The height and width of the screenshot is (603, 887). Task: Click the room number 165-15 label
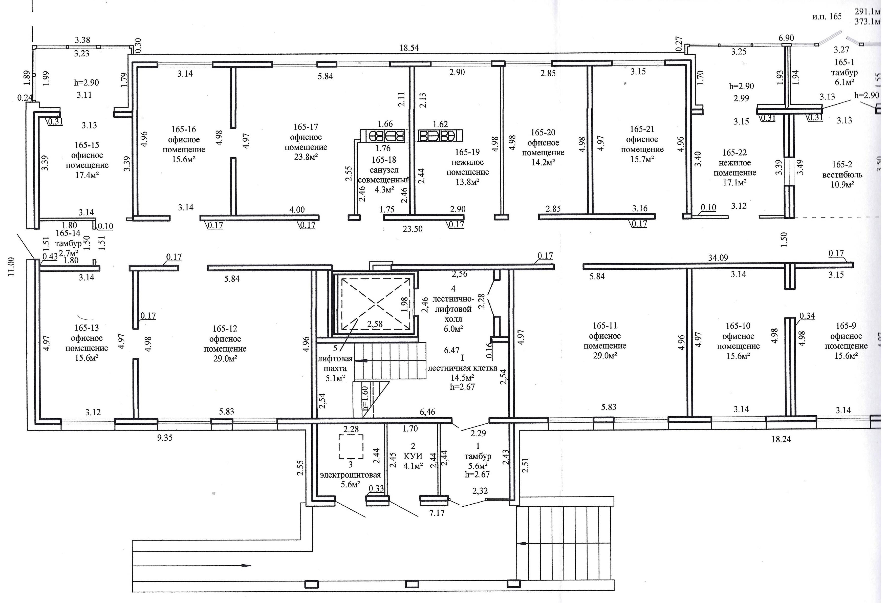click(x=87, y=145)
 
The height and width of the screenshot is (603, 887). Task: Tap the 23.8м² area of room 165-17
click(x=306, y=157)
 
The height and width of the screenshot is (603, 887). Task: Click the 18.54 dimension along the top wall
click(x=409, y=48)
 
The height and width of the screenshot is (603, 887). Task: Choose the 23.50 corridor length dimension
click(x=413, y=229)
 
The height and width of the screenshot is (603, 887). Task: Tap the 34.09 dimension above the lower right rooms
click(x=718, y=258)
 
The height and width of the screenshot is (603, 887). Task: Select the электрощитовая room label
click(x=350, y=475)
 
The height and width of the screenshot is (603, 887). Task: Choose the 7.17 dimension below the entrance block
click(x=437, y=513)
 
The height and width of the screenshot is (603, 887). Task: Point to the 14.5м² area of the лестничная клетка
click(x=462, y=377)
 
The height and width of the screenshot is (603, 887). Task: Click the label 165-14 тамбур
click(x=68, y=238)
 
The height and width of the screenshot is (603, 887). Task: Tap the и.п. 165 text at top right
click(x=827, y=16)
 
